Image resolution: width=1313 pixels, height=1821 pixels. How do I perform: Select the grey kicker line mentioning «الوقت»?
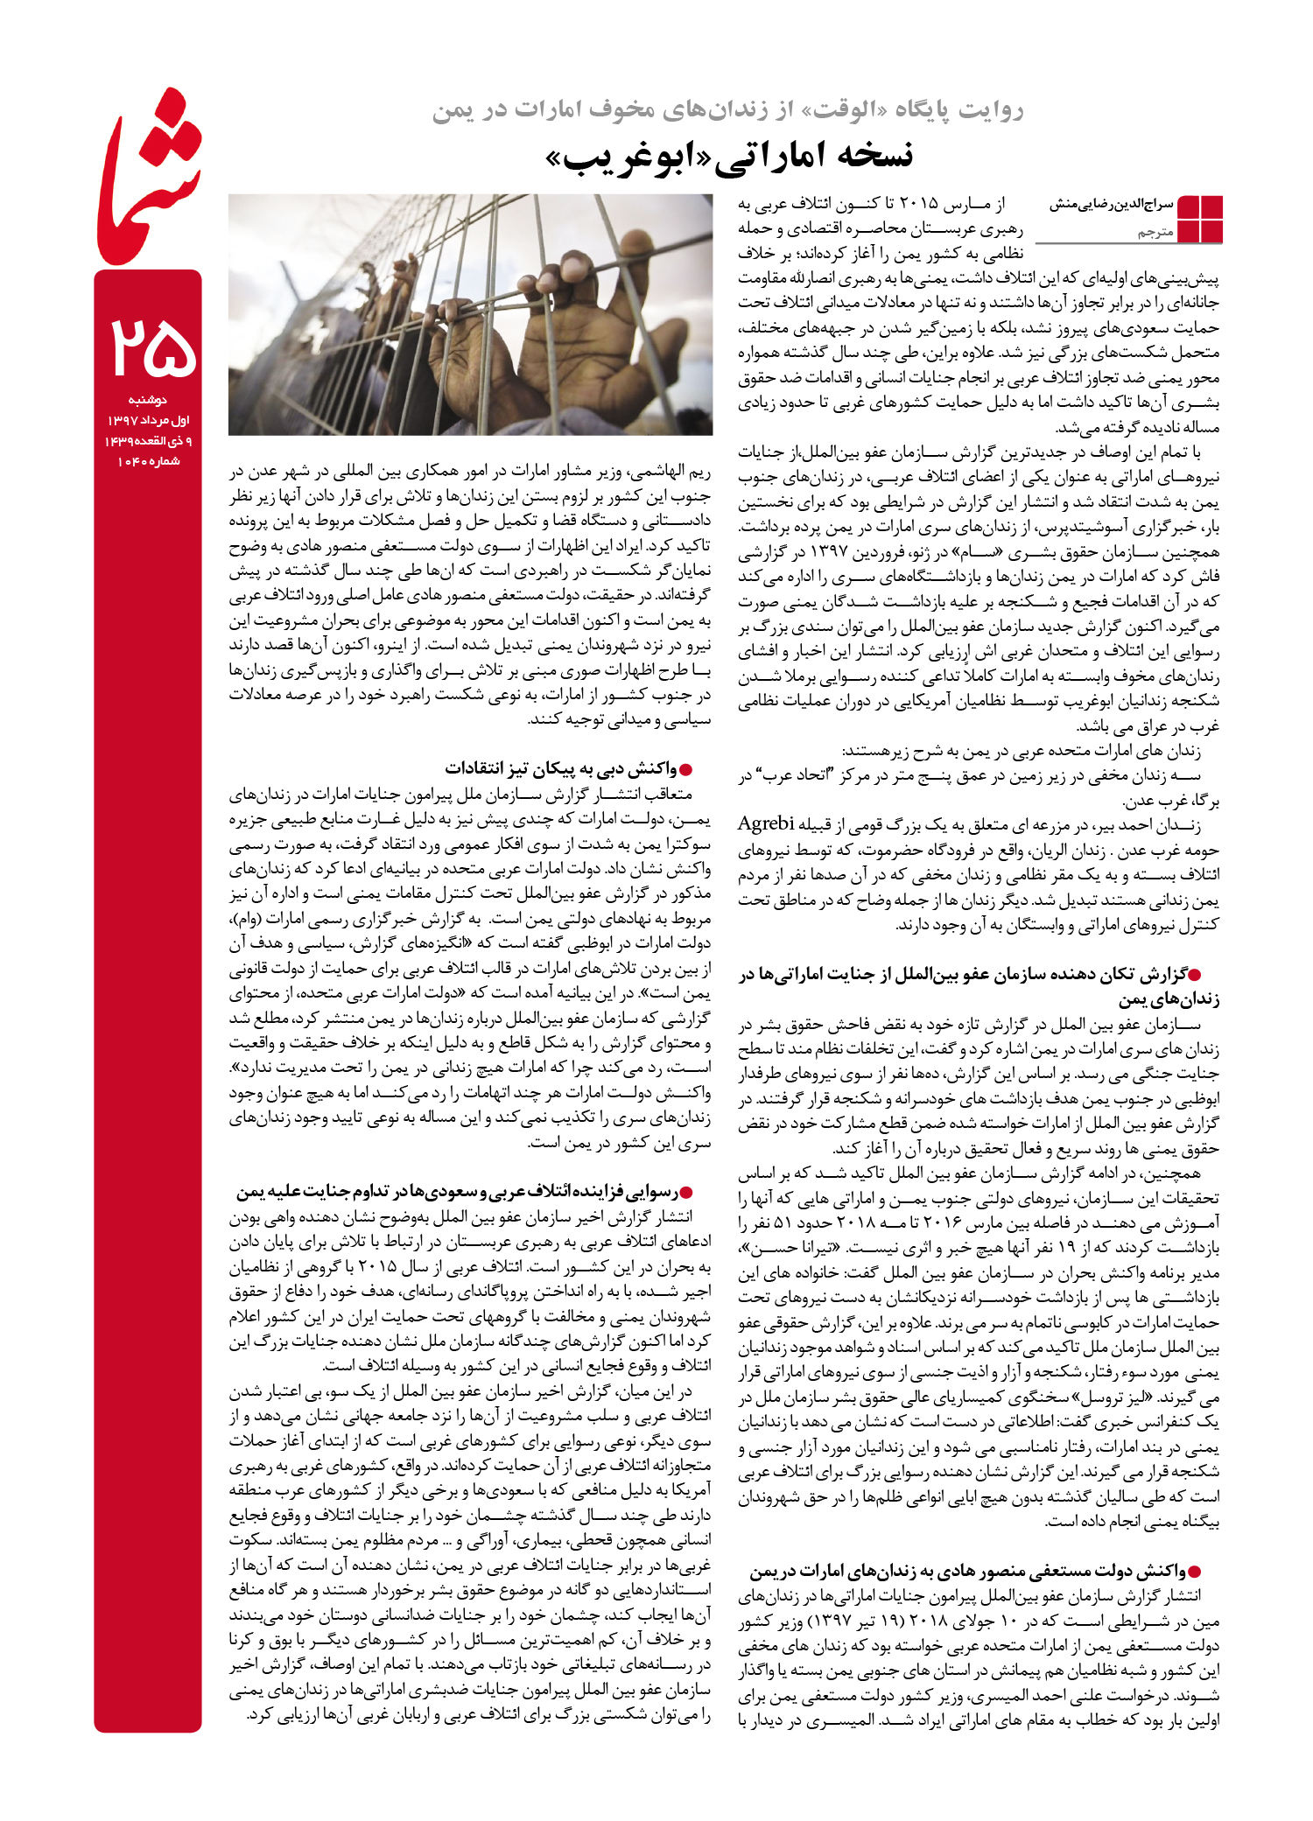pyautogui.click(x=727, y=109)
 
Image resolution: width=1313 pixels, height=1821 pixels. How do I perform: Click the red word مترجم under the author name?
pyautogui.click(x=1155, y=233)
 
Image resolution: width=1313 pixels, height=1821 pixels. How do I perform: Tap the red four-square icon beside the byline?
pyautogui.click(x=1200, y=220)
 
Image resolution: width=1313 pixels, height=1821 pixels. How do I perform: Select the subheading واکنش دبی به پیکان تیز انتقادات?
pyautogui.click(x=560, y=769)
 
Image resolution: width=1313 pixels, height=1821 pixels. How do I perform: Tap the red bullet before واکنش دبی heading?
pyautogui.click(x=686, y=770)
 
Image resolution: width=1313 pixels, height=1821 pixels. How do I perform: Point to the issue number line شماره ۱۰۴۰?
pyautogui.click(x=149, y=461)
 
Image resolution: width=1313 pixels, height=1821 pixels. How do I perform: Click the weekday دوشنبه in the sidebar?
pyautogui.click(x=148, y=400)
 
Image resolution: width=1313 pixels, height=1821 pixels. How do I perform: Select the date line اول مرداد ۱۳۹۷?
pyautogui.click(x=149, y=421)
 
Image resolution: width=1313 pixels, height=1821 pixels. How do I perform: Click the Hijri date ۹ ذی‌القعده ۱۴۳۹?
pyautogui.click(x=149, y=441)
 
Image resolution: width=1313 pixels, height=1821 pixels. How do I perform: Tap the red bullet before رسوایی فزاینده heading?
pyautogui.click(x=686, y=1193)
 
